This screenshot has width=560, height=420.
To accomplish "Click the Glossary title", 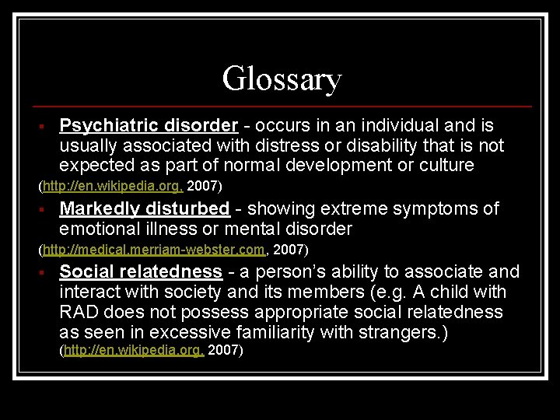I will tap(281, 79).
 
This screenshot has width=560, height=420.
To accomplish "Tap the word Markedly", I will tap(99, 208).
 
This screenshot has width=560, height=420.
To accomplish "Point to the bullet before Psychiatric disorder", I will tap(47, 126).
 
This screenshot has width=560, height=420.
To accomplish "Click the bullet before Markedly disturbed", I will tap(47, 209).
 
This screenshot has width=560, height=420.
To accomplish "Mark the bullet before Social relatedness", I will tap(47, 272).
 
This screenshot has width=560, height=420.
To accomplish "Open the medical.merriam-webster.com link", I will tap(154, 250).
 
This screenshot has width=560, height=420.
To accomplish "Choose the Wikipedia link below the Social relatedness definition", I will tap(135, 351).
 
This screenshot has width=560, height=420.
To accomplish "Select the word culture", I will tap(466, 165).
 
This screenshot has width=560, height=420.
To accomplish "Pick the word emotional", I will tap(97, 229).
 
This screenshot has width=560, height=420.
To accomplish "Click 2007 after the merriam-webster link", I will tap(290, 250).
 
